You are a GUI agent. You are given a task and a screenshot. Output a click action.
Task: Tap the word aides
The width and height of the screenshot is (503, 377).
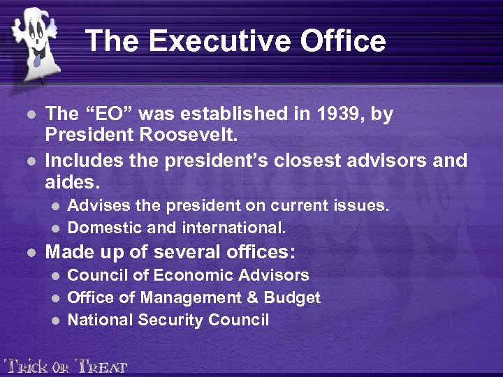tap(72, 183)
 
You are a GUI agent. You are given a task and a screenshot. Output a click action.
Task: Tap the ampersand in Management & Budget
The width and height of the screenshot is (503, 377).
tap(252, 298)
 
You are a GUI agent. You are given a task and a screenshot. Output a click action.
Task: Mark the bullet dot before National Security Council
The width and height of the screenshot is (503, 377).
tap(57, 320)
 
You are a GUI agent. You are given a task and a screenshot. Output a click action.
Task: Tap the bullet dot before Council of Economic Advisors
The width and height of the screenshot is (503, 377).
tap(57, 276)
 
